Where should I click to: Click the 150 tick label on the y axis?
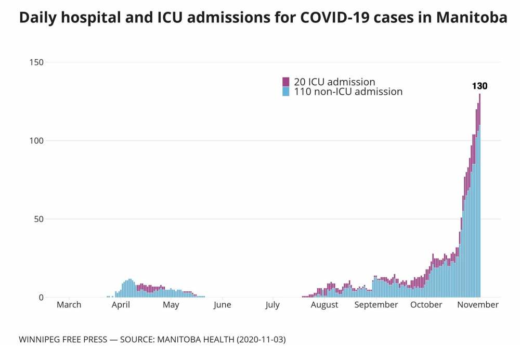coord(36,62)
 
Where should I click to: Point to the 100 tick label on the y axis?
coord(36,140)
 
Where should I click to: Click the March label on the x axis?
coord(69,305)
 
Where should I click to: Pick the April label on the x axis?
coord(121,305)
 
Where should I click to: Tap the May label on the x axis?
coord(171,305)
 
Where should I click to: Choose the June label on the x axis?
coord(222,305)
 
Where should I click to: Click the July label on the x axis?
coord(272,305)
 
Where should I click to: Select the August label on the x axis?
coord(324,305)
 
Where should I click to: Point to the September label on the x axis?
coord(376,305)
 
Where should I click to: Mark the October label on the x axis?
coord(426,305)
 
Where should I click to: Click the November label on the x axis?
coord(477,305)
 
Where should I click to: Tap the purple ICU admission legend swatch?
coord(286,82)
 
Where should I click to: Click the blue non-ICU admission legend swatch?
coord(286,92)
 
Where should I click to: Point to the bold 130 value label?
coord(479,86)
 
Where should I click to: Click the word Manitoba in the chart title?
coord(472,18)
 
